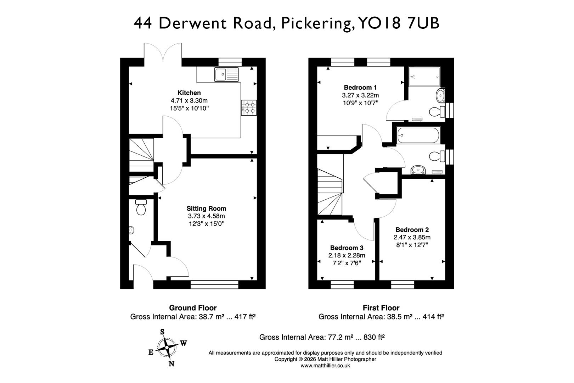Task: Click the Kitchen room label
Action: click(189, 93)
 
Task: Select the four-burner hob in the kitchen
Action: click(249, 108)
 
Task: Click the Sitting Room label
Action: click(206, 209)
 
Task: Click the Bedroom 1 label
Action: click(360, 88)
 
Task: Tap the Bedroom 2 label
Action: click(412, 230)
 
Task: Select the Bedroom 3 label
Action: click(347, 248)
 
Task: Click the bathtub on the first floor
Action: click(418, 135)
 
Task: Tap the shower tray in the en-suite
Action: click(424, 77)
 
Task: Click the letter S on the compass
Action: click(162, 332)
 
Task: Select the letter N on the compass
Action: click(171, 364)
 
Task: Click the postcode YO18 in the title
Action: click(379, 23)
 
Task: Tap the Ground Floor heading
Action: click(192, 308)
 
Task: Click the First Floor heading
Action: click(381, 308)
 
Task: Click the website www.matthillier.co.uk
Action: click(325, 366)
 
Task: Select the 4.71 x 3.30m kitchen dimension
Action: click(189, 101)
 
